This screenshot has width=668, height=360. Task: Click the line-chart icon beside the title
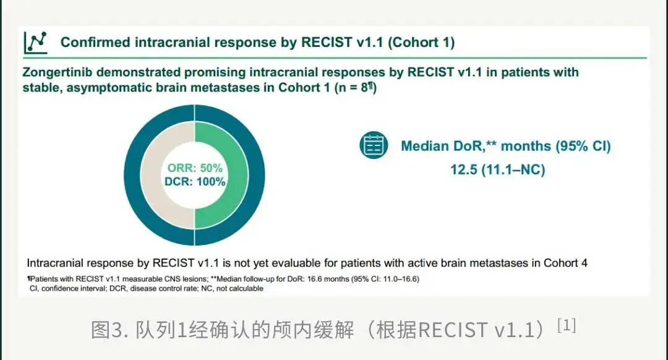[x=35, y=43]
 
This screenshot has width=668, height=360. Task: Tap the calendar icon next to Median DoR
[x=374, y=145]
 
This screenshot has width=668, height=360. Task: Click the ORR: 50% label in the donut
[x=195, y=168]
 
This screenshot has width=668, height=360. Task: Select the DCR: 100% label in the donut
[x=195, y=181]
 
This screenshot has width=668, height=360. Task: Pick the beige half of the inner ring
[x=152, y=175]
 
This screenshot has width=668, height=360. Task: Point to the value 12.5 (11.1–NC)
[x=497, y=169]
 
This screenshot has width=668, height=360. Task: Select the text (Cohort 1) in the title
[x=421, y=42]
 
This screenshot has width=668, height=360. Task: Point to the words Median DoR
[x=442, y=146]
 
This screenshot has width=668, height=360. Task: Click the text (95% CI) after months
[x=583, y=146]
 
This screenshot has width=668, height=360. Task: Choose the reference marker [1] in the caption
[x=567, y=325]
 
